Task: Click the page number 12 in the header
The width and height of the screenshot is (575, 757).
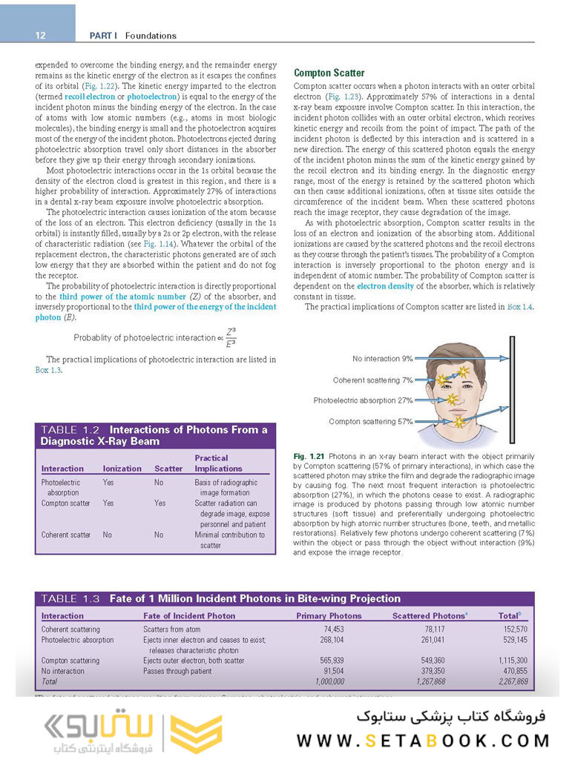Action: pos(40,36)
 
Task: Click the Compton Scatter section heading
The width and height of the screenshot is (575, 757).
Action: pos(329,73)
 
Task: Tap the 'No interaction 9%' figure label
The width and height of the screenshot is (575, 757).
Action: pos(383,359)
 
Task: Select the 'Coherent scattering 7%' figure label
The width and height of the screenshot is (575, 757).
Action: pos(372,380)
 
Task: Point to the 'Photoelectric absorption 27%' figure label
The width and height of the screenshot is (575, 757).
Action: pos(363,400)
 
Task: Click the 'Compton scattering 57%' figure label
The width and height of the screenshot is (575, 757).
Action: pos(371,421)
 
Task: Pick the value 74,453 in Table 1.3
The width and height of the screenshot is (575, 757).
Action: pos(329,629)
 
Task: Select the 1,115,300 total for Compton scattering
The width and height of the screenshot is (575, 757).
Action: pos(513,660)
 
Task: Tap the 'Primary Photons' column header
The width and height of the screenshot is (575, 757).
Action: pos(329,615)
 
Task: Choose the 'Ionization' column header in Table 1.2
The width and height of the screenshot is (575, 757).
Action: pos(122,469)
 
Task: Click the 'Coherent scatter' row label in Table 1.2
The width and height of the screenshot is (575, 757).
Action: pos(66,535)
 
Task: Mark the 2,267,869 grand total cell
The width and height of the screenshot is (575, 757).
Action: pos(513,681)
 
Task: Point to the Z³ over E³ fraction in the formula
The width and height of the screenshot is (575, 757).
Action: pos(230,337)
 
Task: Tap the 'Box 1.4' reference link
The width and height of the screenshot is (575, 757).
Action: pos(519,307)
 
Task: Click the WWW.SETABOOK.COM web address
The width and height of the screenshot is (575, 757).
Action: pos(424,740)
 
